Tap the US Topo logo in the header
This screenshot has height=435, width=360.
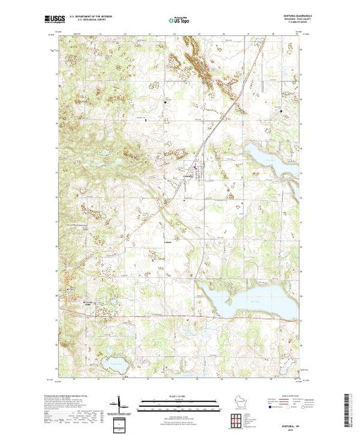point(180,20)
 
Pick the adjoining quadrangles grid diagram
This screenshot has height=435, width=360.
point(236,419)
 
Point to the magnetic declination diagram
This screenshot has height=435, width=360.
point(119,403)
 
